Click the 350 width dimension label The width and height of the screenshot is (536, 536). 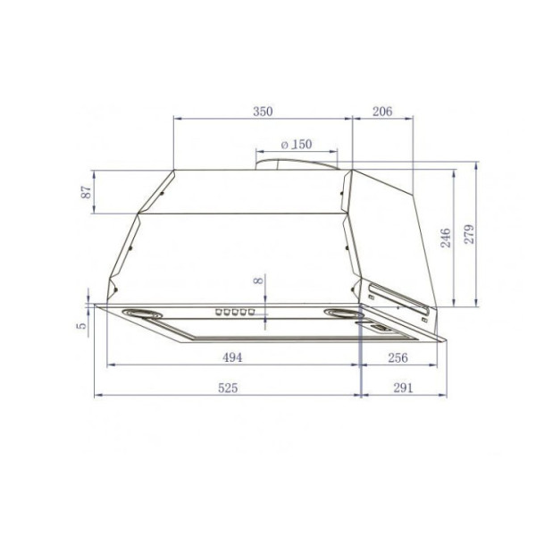point(263,112)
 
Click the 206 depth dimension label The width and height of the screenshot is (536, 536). point(382,112)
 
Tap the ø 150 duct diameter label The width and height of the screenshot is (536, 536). point(297,144)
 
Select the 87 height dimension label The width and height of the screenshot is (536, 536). point(87,192)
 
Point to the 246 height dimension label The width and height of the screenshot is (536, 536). point(446,238)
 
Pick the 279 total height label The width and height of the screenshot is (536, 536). point(469,234)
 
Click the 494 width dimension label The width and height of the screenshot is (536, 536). point(232,357)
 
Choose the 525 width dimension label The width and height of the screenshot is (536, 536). point(228,388)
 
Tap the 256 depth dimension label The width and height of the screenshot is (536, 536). point(398,358)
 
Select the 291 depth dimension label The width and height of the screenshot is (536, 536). point(403,388)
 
